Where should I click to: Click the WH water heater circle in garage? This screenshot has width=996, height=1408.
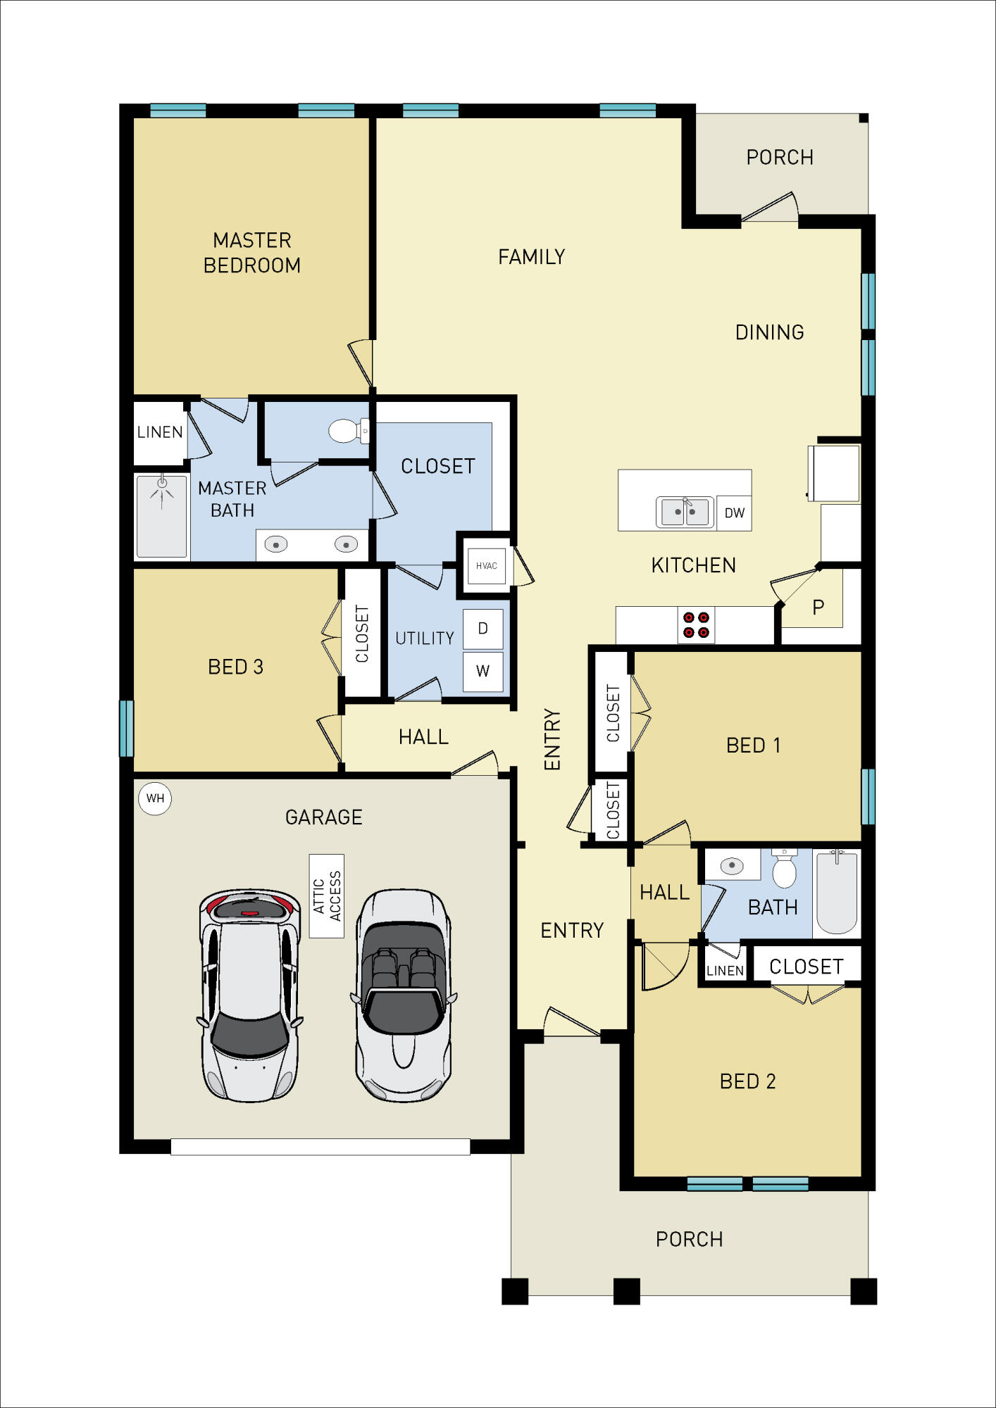pos(155,798)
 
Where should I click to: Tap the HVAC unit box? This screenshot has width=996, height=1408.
pos(486,566)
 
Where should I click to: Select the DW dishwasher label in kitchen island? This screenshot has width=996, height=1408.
pos(734,513)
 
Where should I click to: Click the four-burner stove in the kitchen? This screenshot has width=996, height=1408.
pos(696,625)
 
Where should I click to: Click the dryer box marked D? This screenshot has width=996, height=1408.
pos(483,629)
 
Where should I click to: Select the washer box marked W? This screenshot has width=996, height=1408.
pos(483,671)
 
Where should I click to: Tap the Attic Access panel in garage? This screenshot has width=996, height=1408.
pos(327,896)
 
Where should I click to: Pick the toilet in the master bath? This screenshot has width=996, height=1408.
pos(348,431)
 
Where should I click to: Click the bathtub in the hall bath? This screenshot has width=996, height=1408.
pos(837,893)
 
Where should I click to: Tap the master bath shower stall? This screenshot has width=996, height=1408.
pos(162,517)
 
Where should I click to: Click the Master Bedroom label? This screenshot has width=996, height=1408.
pos(252,253)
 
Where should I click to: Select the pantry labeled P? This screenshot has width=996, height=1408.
pos(818,607)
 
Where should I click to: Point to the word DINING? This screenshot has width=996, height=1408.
pos(769,332)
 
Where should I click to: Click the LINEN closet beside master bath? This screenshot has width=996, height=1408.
pos(160,432)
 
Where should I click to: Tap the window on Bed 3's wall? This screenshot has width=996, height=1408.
pos(126,728)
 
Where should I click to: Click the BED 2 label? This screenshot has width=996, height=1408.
pos(747,1081)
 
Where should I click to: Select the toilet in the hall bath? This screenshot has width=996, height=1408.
pos(784,870)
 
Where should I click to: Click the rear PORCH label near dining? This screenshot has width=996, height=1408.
pos(780,157)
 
